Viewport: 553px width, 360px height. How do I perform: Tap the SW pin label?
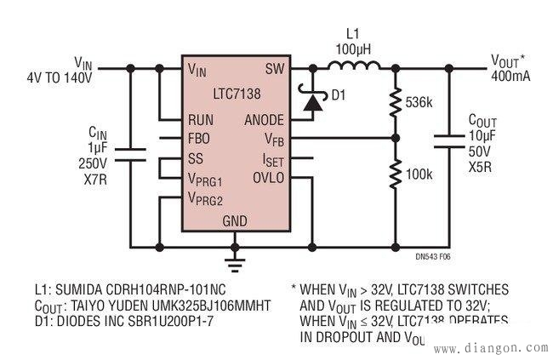pyautogui.click(x=274, y=69)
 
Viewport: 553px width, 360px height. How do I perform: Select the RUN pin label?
pyautogui.click(x=202, y=120)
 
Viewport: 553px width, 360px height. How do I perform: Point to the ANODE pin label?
pyautogui.click(x=264, y=120)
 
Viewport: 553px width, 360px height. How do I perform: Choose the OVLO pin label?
pyautogui.click(x=268, y=177)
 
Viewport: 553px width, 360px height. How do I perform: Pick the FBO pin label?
pyautogui.click(x=202, y=139)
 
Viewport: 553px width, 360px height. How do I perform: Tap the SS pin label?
pyautogui.click(x=197, y=158)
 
